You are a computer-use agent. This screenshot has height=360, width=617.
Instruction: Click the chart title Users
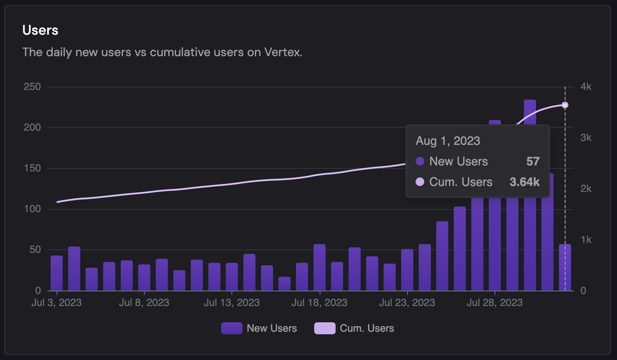(40, 30)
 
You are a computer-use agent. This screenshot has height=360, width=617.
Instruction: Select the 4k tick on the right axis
(585, 87)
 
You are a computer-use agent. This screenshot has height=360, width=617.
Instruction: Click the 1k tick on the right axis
(585, 240)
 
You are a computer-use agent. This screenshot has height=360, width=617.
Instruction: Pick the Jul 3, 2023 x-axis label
(57, 303)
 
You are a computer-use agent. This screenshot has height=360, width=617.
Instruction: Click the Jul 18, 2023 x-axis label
(319, 303)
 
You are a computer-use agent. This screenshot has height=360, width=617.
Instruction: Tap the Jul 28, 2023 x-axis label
(494, 303)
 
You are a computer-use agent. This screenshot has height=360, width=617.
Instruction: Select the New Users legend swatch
(232, 328)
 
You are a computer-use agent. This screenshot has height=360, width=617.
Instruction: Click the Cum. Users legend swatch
(325, 328)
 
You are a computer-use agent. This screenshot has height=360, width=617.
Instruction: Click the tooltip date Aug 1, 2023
(448, 141)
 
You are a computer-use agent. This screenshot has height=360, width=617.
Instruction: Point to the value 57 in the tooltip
(533, 162)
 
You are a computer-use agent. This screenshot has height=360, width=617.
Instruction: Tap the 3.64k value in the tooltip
(524, 182)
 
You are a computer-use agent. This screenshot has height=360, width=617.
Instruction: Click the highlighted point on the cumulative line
(565, 105)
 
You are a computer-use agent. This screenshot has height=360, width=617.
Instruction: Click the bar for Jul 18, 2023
(320, 267)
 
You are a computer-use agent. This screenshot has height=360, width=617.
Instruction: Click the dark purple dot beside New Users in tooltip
(420, 162)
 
